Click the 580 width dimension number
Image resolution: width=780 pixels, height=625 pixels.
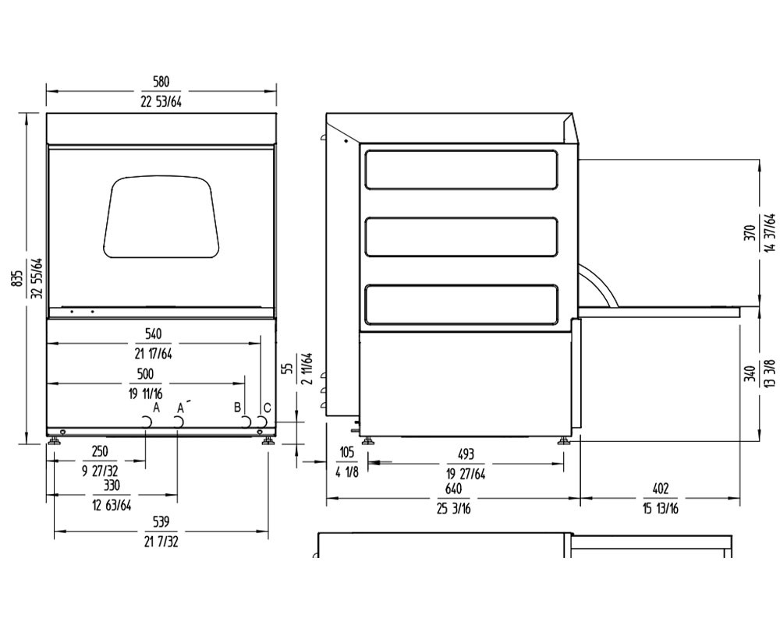point(161,82)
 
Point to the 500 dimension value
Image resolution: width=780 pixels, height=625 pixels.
point(146,373)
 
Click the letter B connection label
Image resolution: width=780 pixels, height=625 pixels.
point(237,407)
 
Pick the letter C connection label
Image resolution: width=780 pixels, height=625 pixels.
point(267,407)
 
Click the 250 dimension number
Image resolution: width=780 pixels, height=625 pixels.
point(99,451)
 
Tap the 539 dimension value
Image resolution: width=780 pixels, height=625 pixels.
point(161,521)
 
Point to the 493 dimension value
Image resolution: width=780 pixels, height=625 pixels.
point(466,454)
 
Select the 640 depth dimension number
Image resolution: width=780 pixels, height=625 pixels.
point(453,489)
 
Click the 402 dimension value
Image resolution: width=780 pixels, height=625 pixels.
point(660,489)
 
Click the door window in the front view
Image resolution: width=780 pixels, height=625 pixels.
point(160,217)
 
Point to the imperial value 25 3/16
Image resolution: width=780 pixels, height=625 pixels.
point(453,508)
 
